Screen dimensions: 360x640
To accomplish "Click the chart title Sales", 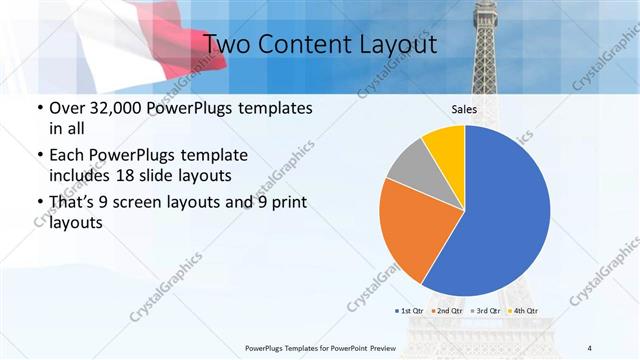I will [x=465, y=110].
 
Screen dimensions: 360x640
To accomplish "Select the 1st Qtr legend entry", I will [x=412, y=311].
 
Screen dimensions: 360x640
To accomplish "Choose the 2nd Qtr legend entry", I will [x=449, y=311].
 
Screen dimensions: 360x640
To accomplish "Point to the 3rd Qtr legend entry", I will [x=485, y=311].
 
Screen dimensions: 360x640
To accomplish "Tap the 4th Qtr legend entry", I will [x=521, y=311].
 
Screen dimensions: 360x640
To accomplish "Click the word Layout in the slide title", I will [x=396, y=45].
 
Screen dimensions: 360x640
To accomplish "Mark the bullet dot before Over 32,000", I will [x=39, y=108].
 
